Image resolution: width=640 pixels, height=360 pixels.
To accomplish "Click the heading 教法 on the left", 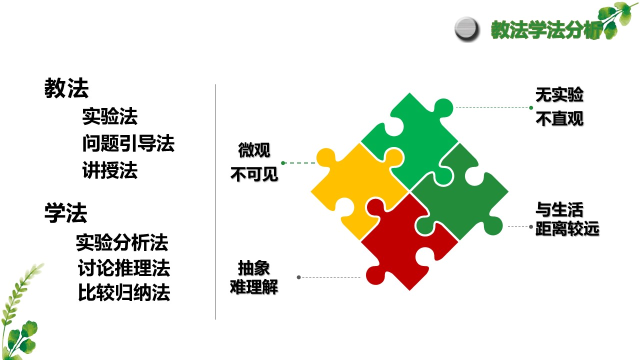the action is click(x=66, y=88).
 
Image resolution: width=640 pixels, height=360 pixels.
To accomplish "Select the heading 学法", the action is click(x=65, y=213).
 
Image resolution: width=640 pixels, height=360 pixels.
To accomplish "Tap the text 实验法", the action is click(x=110, y=116).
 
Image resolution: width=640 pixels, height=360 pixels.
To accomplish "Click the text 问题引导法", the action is click(x=128, y=143).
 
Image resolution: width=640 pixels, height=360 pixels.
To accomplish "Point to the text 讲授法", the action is click(x=110, y=170).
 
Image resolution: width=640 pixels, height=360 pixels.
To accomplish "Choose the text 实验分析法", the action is click(x=122, y=242).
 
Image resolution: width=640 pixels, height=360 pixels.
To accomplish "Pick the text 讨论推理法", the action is click(x=124, y=268).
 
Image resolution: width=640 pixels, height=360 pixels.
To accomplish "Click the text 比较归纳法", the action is click(x=124, y=292).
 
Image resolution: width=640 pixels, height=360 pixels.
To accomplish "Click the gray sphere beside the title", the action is click(x=466, y=29).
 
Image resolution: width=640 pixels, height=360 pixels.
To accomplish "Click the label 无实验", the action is click(x=559, y=95).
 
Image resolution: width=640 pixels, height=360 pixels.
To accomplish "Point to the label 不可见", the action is click(x=254, y=174).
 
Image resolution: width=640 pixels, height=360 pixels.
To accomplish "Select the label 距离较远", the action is click(x=567, y=229).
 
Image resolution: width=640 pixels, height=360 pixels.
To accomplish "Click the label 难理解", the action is click(x=254, y=286).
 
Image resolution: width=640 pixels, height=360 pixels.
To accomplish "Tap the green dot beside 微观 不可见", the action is click(x=283, y=163).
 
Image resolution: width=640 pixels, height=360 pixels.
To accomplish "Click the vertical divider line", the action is click(x=215, y=201).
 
